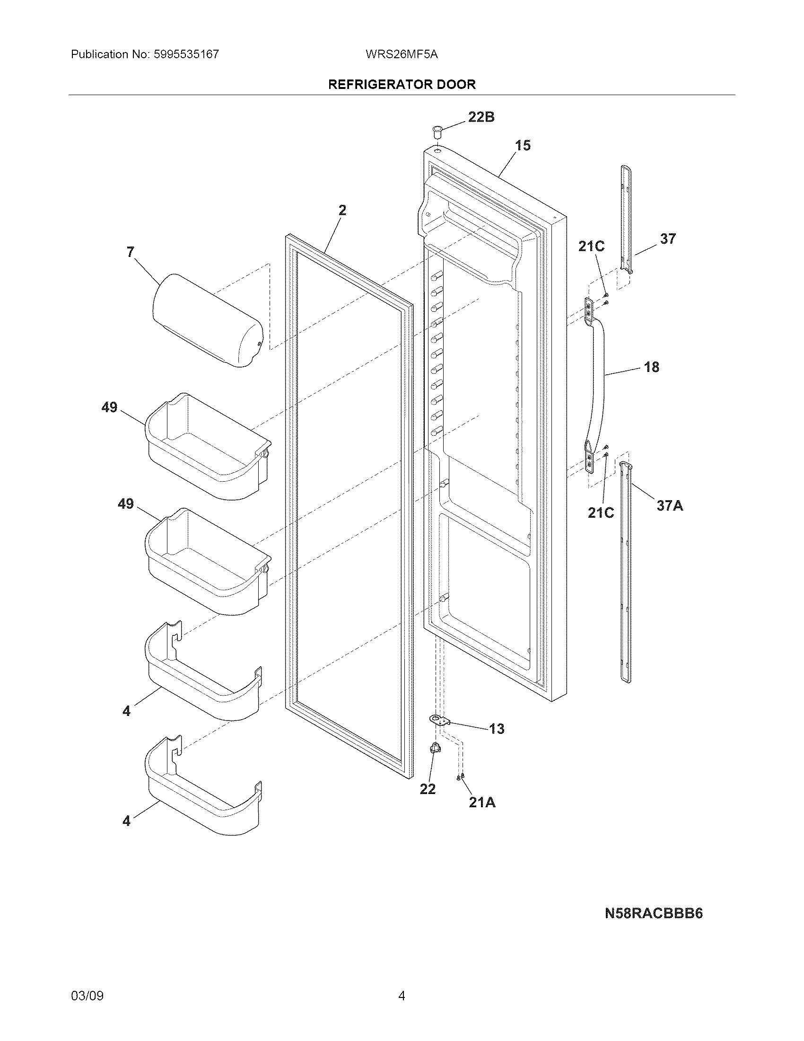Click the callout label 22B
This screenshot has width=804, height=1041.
(x=481, y=117)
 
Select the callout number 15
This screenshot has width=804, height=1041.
(x=523, y=145)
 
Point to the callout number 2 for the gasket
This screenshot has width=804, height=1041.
(x=342, y=210)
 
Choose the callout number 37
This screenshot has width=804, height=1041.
(x=668, y=239)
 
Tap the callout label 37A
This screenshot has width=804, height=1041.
(x=670, y=506)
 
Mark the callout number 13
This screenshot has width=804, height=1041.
(x=496, y=729)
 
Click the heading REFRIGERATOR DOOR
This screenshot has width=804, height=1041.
(x=402, y=84)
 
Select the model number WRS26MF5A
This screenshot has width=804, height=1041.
(x=402, y=54)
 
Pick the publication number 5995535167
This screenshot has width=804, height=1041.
(x=186, y=54)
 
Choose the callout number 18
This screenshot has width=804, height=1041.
(x=652, y=367)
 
